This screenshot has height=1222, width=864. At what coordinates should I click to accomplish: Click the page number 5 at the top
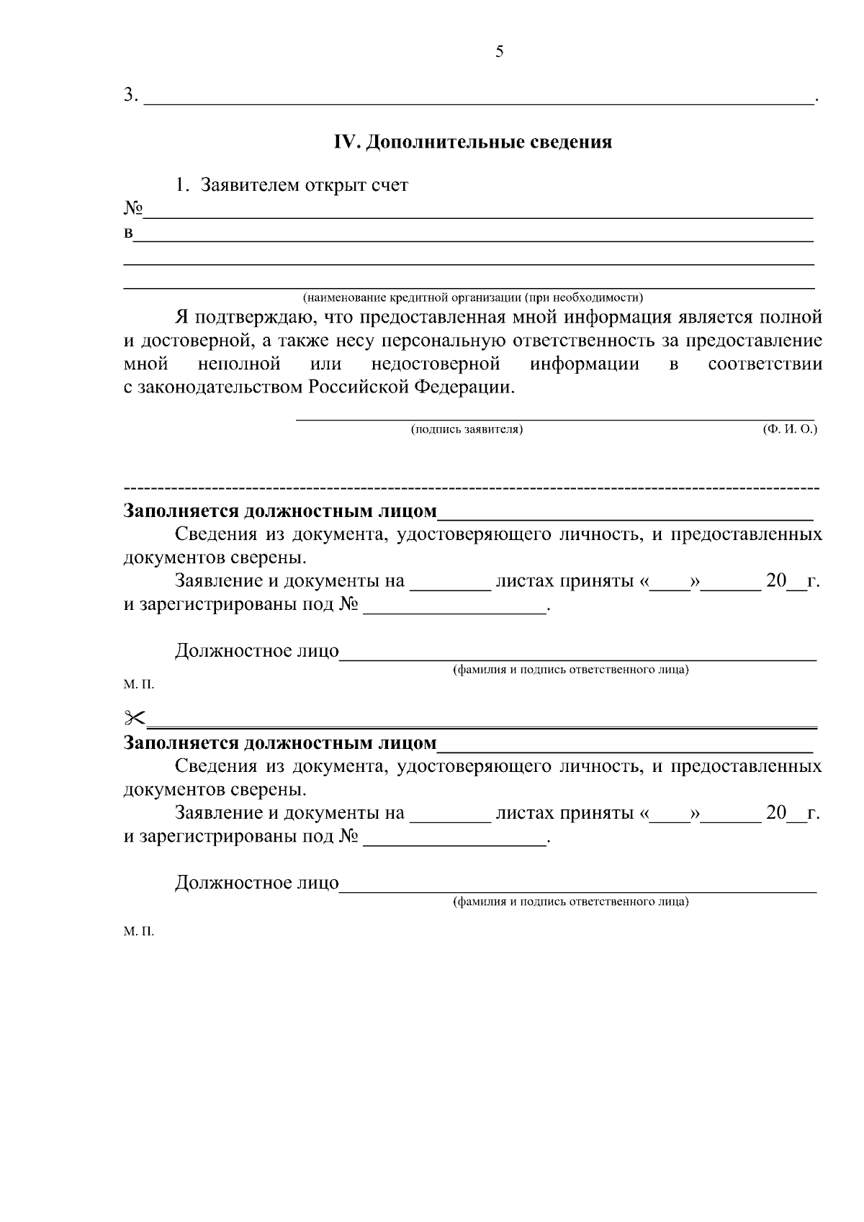pyautogui.click(x=500, y=52)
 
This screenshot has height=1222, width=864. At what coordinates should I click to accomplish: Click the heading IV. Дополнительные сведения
pyautogui.click(x=472, y=142)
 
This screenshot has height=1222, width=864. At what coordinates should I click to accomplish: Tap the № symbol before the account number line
pyautogui.click(x=133, y=209)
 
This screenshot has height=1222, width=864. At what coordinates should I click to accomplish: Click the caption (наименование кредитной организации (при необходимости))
pyautogui.click(x=472, y=297)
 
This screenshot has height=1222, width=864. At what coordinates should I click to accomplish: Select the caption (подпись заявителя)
pyautogui.click(x=467, y=430)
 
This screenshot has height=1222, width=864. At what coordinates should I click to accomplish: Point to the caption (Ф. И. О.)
pyautogui.click(x=790, y=430)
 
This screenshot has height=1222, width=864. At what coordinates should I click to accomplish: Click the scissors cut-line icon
pyautogui.click(x=135, y=717)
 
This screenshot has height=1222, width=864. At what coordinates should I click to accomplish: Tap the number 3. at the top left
pyautogui.click(x=130, y=95)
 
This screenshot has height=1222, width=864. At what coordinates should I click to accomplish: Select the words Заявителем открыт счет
pyautogui.click(x=305, y=186)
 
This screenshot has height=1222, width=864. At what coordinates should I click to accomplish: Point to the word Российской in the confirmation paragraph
pyautogui.click(x=358, y=387)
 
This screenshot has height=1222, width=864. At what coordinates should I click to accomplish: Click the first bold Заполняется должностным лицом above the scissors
pyautogui.click(x=280, y=511)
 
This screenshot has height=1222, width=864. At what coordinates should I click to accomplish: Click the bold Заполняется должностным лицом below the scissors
pyautogui.click(x=280, y=743)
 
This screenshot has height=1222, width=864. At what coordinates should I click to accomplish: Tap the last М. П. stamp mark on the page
pyautogui.click(x=138, y=932)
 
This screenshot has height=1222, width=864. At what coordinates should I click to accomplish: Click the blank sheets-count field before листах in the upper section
pyautogui.click(x=449, y=583)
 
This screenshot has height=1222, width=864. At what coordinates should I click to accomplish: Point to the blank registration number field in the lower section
pyautogui.click(x=455, y=839)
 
